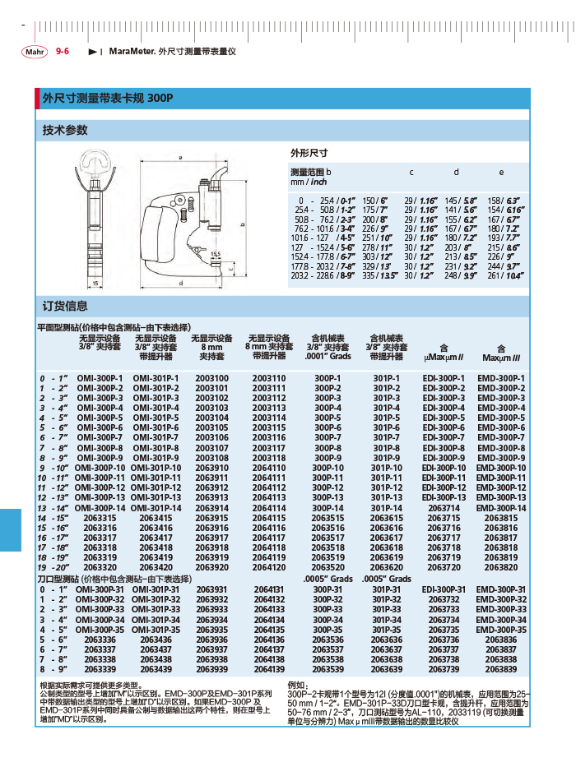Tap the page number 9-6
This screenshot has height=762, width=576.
click(x=63, y=51)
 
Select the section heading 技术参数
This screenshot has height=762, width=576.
click(x=65, y=130)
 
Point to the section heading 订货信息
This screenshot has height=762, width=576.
click(x=65, y=306)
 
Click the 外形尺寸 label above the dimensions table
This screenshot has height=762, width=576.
click(x=309, y=153)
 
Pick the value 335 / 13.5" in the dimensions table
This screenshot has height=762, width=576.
click(x=374, y=277)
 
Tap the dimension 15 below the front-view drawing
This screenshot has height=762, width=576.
click(x=96, y=283)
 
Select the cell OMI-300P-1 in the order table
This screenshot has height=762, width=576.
click(x=100, y=378)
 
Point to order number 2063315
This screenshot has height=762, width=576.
click(x=100, y=518)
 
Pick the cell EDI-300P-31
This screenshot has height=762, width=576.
click(x=444, y=589)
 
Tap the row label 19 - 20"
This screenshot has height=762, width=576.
click(x=53, y=567)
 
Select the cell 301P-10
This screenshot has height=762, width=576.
click(x=386, y=468)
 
